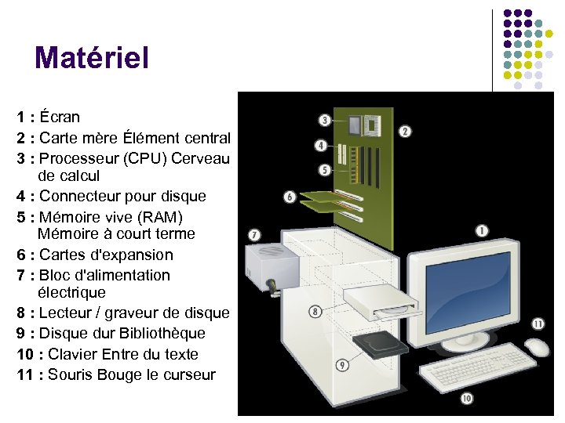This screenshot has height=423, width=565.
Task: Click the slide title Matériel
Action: tap(91, 57)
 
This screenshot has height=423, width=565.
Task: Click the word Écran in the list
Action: tap(60, 117)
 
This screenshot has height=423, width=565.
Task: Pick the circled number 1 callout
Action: tap(481, 230)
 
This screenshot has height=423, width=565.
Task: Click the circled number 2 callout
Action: tap(405, 132)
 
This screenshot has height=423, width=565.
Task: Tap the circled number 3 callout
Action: tap(324, 120)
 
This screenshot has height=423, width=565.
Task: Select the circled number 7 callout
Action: tap(254, 234)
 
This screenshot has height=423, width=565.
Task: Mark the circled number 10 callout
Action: tap(467, 399)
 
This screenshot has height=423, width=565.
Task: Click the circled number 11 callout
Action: tap(538, 323)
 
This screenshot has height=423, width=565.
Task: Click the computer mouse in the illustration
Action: tap(537, 347)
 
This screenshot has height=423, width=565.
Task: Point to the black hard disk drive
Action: tap(376, 345)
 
